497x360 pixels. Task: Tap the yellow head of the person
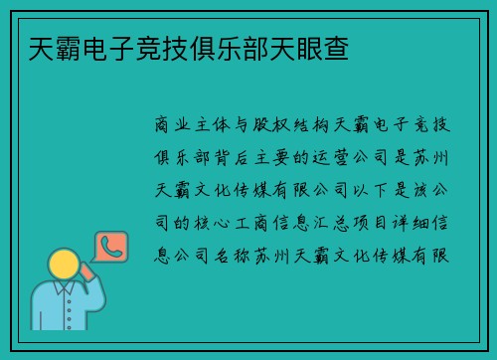65,265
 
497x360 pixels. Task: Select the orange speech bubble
110,250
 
